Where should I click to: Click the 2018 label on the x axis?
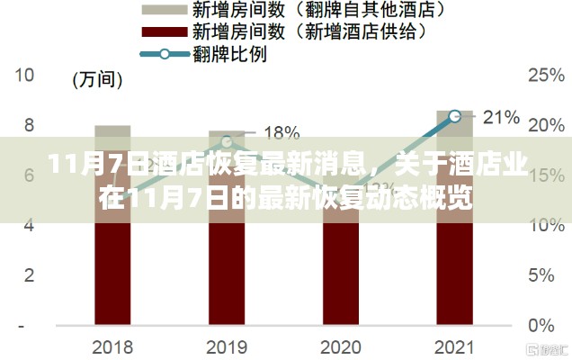tap(112, 347)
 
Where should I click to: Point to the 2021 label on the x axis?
tap(454, 347)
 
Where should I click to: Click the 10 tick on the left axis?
tap(25, 76)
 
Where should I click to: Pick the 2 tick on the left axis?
tap(30, 274)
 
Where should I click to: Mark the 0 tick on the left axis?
tap(30, 324)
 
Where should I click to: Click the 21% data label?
tap(502, 116)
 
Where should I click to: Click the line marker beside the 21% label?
tap(455, 116)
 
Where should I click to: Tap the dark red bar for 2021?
tap(454, 270)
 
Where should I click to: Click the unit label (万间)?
tap(97, 80)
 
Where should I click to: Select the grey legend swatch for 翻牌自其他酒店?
tap(162, 10)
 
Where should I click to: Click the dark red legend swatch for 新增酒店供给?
tap(162, 31)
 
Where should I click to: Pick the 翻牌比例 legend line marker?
tap(163, 53)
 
